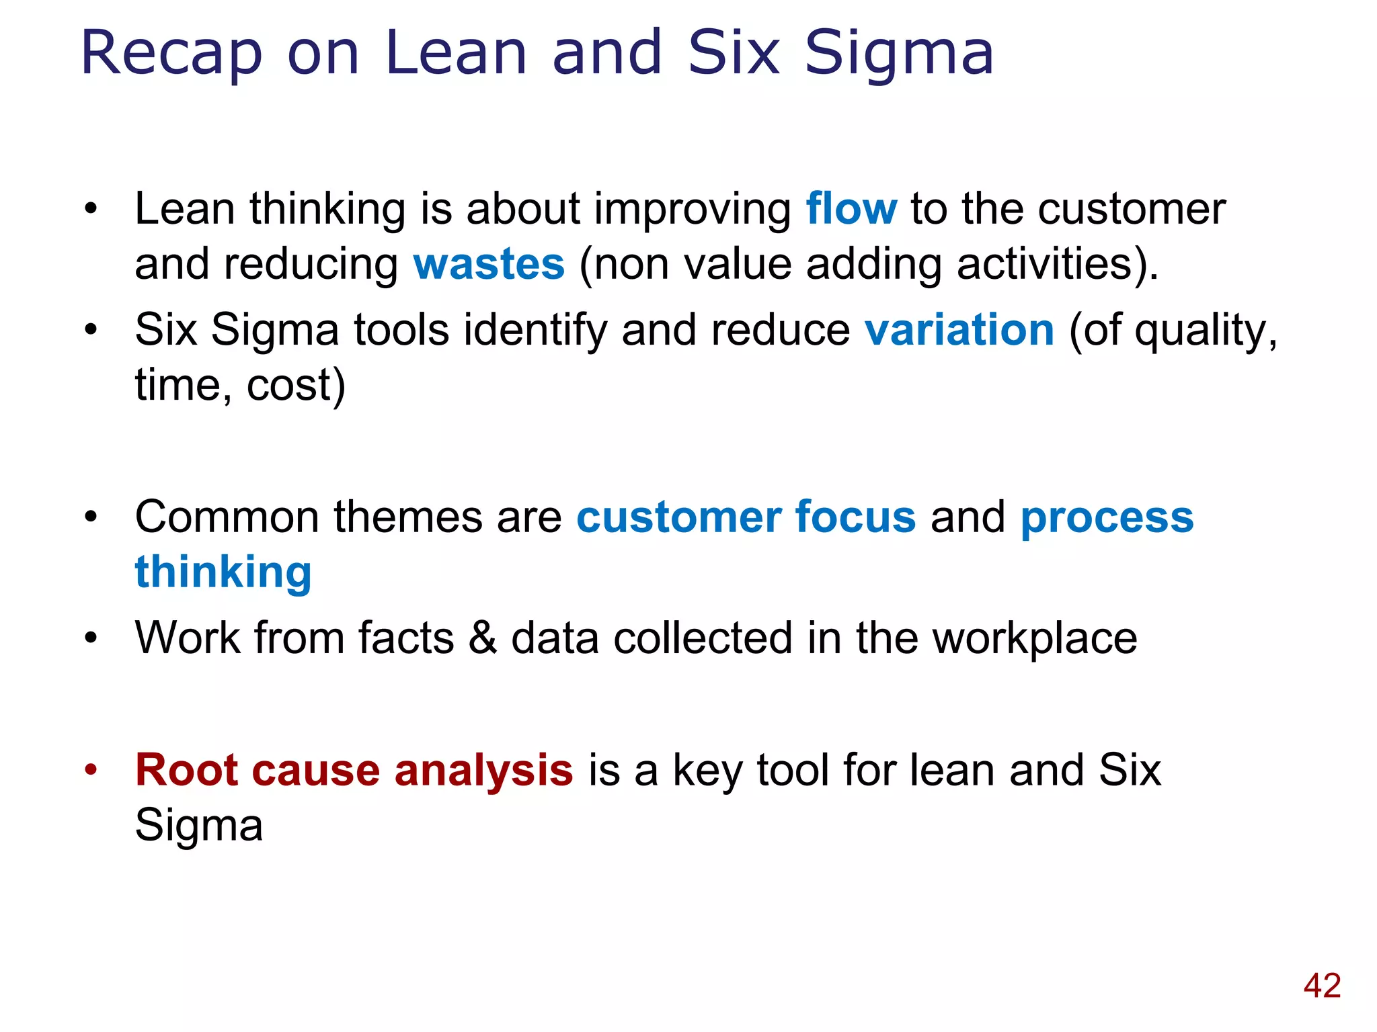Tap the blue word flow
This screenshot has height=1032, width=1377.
pos(851,209)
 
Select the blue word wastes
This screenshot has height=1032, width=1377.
pos(489,264)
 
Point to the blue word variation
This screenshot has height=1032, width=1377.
pos(959,331)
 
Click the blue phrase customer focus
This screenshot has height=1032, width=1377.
pos(746,517)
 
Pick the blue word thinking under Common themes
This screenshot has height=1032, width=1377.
pos(223,572)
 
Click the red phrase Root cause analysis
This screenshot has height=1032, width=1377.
pos(354,770)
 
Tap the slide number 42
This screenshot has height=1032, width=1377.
pos(1322,986)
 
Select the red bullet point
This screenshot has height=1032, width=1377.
pos(91,770)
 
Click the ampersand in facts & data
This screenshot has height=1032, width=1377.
pos(483,638)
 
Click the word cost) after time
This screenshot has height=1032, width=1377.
pos(296,386)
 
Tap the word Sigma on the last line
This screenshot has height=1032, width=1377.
pos(198,825)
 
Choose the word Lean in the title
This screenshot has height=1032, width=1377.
pos(456,54)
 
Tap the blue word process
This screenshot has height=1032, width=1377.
pos(1107,519)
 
